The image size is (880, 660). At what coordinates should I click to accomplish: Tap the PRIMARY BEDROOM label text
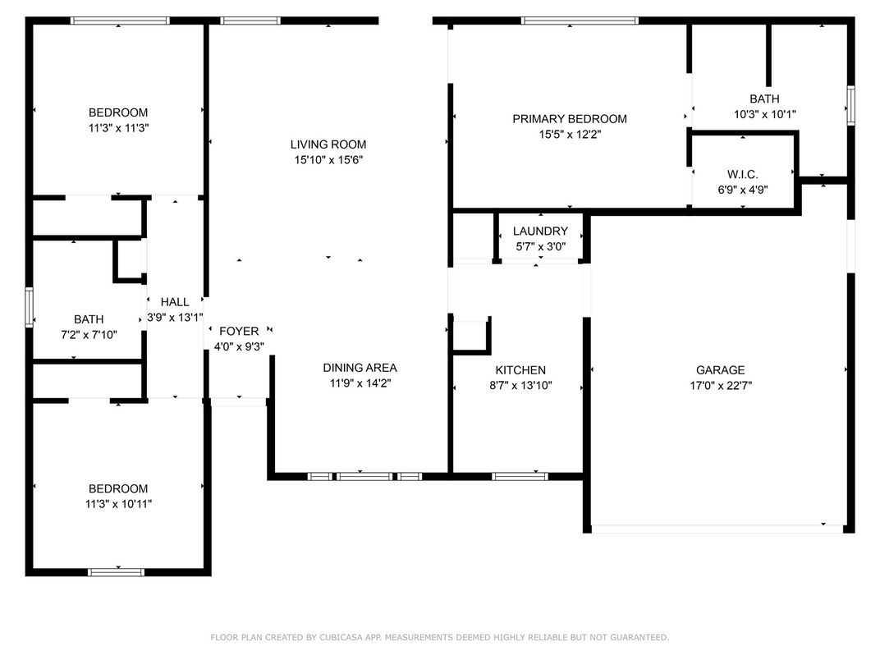click(x=569, y=119)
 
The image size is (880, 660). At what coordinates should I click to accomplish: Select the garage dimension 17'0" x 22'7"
click(x=720, y=385)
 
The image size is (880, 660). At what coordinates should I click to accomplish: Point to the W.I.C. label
click(x=742, y=175)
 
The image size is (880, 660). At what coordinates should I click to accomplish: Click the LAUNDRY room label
click(x=540, y=231)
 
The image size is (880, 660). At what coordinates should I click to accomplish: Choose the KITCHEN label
click(x=520, y=370)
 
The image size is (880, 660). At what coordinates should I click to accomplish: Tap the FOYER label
click(x=239, y=331)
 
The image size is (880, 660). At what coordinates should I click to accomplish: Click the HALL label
click(x=175, y=302)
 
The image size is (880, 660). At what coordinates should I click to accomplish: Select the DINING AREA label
click(x=360, y=368)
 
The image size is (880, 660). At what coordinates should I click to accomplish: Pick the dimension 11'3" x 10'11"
click(x=118, y=503)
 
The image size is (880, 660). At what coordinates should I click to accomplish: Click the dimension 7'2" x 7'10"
click(x=89, y=335)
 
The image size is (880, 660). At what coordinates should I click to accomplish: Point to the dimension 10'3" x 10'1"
click(x=764, y=115)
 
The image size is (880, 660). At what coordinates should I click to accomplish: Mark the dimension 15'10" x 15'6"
click(x=328, y=160)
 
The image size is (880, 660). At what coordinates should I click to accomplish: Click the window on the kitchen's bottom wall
click(x=520, y=475)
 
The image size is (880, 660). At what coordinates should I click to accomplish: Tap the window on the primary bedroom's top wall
click(x=580, y=21)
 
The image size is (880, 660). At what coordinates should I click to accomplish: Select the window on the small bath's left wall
click(x=30, y=307)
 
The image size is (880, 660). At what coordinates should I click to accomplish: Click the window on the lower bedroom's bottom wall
click(x=116, y=572)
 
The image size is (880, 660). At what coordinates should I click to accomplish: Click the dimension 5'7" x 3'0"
click(x=540, y=246)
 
